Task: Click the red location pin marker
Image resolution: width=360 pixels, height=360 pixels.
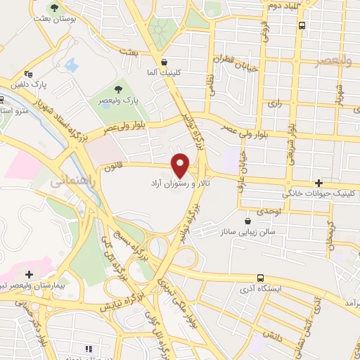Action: [x=181, y=165]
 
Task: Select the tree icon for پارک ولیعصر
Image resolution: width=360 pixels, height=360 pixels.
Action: [x=118, y=89]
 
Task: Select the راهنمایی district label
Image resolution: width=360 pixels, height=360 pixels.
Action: [x=68, y=181]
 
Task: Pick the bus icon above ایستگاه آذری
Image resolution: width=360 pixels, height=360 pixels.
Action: [x=260, y=277]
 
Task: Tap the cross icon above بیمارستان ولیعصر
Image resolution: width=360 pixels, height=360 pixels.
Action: [x=28, y=274]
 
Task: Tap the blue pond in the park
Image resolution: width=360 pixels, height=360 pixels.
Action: [x=71, y=65]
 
